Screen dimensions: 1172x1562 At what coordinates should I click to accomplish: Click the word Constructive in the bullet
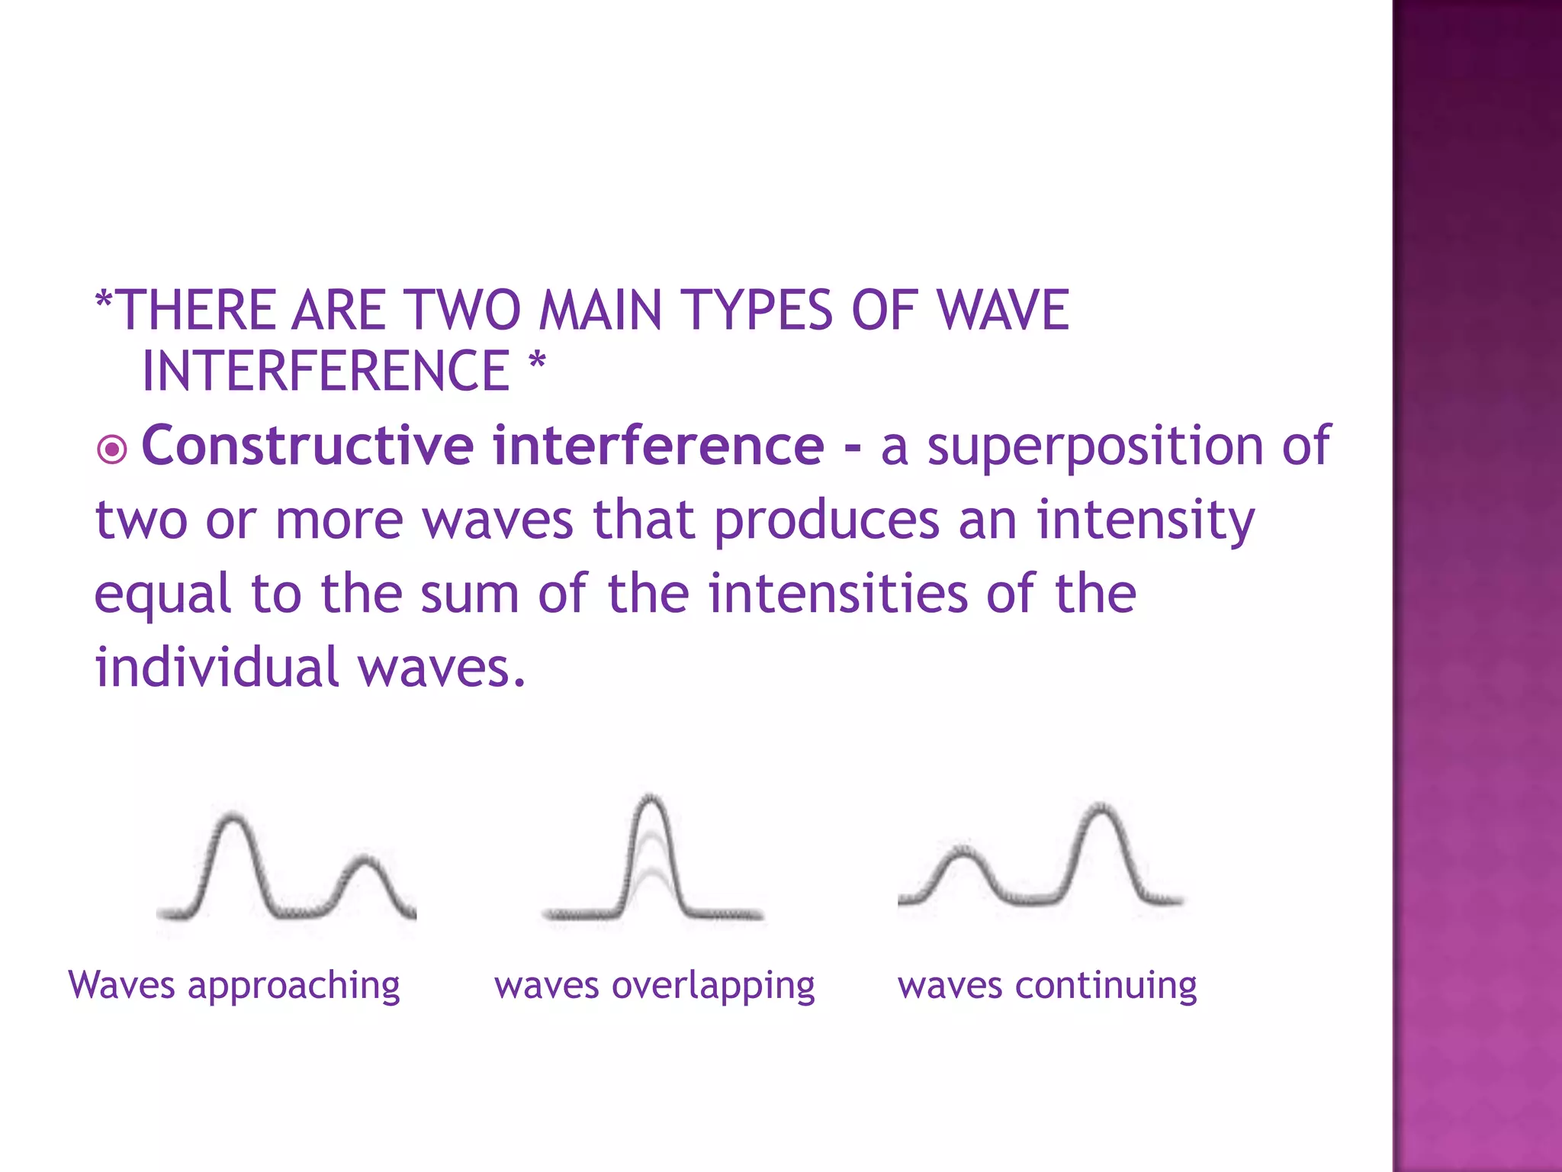tap(307, 446)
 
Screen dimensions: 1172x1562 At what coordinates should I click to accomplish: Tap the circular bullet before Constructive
tap(113, 449)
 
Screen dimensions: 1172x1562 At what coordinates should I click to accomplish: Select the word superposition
tap(1095, 447)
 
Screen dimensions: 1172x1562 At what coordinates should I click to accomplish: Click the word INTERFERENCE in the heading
tap(326, 372)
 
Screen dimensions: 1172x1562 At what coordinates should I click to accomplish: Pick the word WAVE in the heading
tap(1002, 311)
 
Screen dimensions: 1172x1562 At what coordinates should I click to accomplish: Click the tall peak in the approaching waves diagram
tap(233, 821)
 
